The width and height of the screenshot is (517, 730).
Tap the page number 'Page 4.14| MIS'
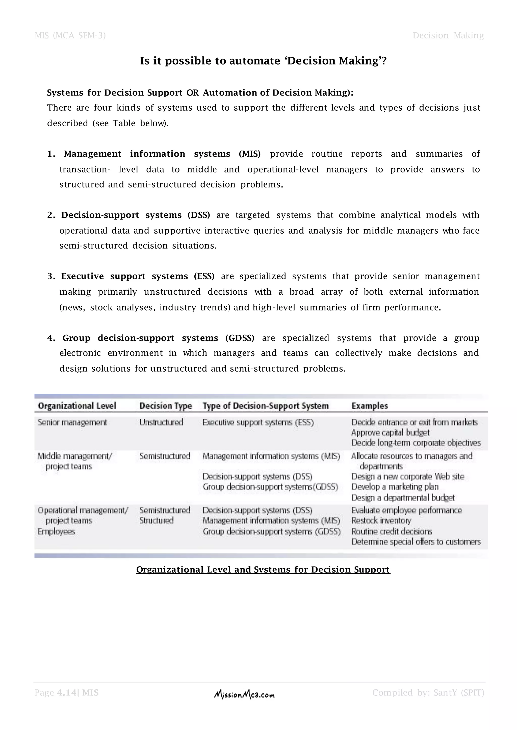(x=67, y=692)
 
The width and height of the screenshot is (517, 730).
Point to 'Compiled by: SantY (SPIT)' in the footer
(x=428, y=692)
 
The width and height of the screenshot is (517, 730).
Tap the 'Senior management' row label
(x=72, y=422)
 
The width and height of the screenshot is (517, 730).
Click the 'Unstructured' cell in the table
(x=161, y=422)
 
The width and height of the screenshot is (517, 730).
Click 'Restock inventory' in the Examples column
(x=381, y=521)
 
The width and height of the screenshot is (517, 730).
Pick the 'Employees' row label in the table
(x=56, y=531)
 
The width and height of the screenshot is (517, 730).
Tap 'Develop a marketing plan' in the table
(x=395, y=487)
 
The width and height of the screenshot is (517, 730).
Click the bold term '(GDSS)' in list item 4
(x=240, y=338)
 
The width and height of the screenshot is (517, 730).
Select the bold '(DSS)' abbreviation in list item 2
(x=199, y=215)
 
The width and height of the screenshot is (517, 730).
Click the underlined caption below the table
(x=263, y=569)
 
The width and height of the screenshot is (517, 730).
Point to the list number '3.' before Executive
(x=51, y=276)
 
